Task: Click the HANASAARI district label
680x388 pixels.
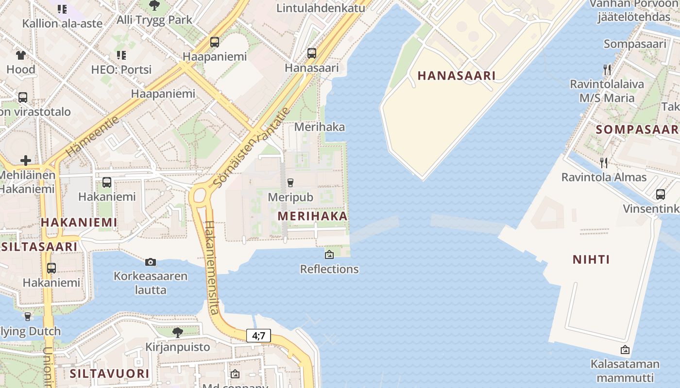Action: pyautogui.click(x=456, y=76)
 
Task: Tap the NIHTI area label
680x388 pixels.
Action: pyautogui.click(x=591, y=259)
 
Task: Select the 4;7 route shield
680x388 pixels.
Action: pyautogui.click(x=258, y=335)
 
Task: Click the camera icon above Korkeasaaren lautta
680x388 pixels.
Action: pyautogui.click(x=151, y=262)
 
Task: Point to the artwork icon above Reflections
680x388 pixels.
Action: pyautogui.click(x=329, y=254)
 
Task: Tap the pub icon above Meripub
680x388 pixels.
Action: pyautogui.click(x=290, y=183)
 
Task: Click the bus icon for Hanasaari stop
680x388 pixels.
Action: pyautogui.click(x=312, y=53)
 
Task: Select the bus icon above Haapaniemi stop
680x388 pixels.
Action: pyautogui.click(x=215, y=42)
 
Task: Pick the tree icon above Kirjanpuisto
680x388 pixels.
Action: pyautogui.click(x=178, y=332)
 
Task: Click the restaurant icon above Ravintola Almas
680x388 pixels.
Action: pyautogui.click(x=604, y=162)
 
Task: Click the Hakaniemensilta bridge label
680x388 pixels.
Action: pyautogui.click(x=212, y=267)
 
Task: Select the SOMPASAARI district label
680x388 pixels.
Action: pyautogui.click(x=637, y=129)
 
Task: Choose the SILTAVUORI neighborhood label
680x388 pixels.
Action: pyautogui.click(x=109, y=373)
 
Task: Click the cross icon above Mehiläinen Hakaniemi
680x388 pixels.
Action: pyautogui.click(x=26, y=160)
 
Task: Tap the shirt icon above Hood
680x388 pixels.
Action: pyautogui.click(x=21, y=55)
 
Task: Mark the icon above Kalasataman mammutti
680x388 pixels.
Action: pyautogui.click(x=625, y=350)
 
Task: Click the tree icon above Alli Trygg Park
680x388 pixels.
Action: pyautogui.click(x=154, y=6)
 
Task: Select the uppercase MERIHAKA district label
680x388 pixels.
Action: pyautogui.click(x=313, y=216)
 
